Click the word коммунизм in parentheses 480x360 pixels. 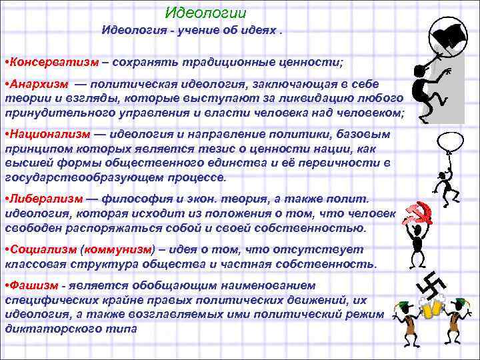click(117, 249)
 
